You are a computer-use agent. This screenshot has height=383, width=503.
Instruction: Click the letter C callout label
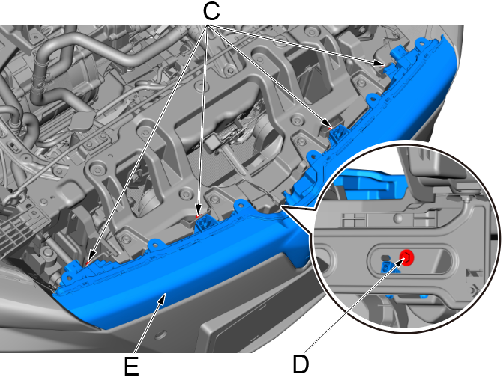click(211, 11)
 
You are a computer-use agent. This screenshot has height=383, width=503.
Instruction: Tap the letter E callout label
click(131, 366)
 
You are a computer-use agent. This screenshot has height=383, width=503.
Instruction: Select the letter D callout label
click(301, 364)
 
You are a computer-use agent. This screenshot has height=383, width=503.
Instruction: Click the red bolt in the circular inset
click(407, 257)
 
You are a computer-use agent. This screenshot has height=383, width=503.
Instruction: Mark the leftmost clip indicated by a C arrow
click(88, 263)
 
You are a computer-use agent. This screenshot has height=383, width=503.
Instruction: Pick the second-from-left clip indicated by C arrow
click(198, 217)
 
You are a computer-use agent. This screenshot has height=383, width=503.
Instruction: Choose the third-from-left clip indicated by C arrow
click(330, 127)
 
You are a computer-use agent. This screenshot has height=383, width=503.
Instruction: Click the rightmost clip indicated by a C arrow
click(386, 65)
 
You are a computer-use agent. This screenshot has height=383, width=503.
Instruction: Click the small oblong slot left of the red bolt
click(384, 258)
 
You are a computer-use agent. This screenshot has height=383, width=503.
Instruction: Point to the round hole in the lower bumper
click(160, 335)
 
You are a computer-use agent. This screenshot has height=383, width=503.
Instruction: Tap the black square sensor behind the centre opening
click(214, 142)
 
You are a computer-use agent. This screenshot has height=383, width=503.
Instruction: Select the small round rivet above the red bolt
click(398, 218)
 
